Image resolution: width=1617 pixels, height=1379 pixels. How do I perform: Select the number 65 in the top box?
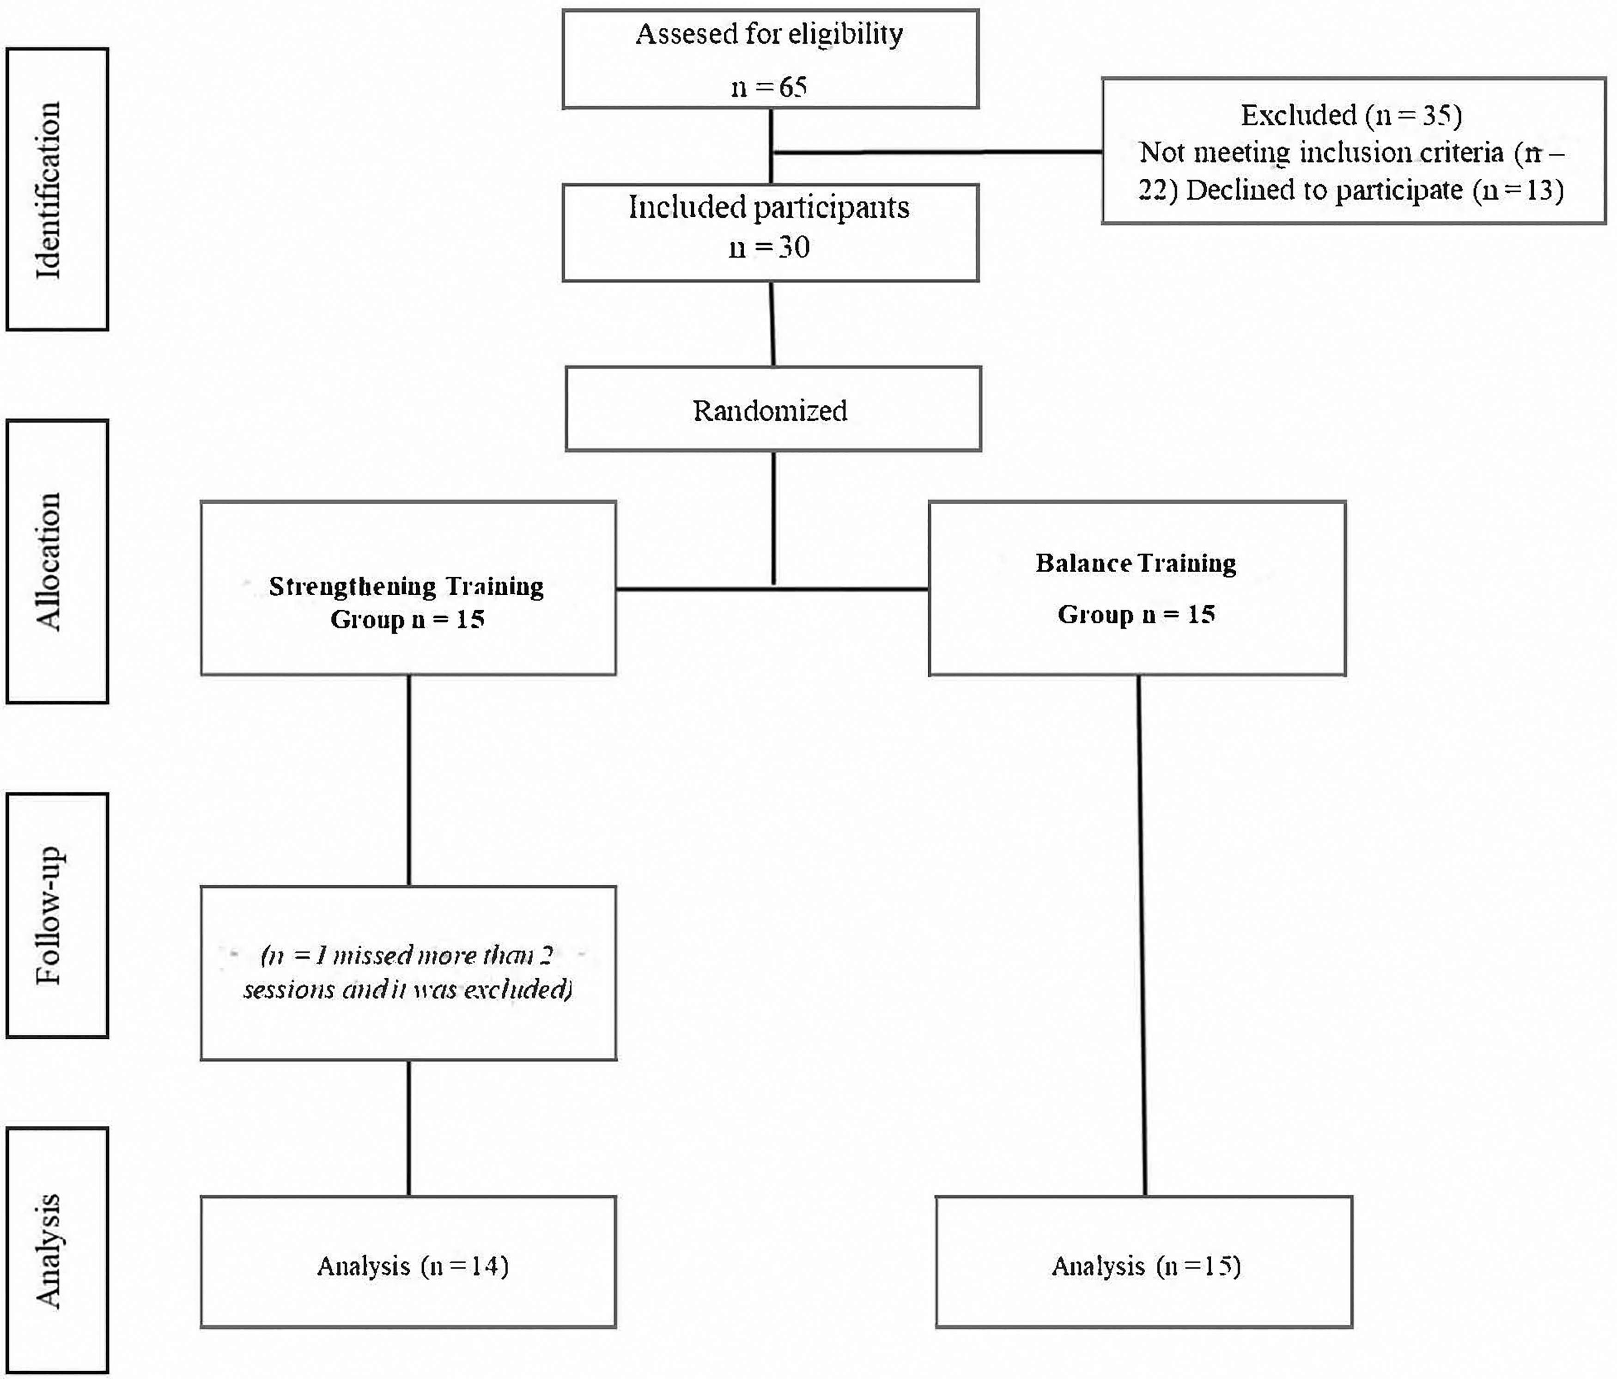[x=792, y=86]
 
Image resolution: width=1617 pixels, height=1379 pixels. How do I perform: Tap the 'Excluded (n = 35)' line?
[x=1351, y=116]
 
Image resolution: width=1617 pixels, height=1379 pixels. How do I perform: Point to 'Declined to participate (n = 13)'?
[x=1374, y=189]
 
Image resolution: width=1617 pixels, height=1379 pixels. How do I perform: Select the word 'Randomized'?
[x=770, y=410]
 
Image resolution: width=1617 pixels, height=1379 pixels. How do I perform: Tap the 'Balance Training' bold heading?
[x=1136, y=563]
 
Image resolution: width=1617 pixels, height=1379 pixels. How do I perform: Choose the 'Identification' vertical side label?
[x=49, y=189]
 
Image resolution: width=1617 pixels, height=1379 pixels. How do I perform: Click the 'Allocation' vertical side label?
[x=49, y=561]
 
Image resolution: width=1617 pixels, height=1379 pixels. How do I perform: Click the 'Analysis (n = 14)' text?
[x=413, y=1266]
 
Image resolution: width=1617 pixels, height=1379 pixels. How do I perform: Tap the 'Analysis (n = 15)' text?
[x=1146, y=1266]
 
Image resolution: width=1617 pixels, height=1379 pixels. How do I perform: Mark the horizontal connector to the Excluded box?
[x=936, y=152]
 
